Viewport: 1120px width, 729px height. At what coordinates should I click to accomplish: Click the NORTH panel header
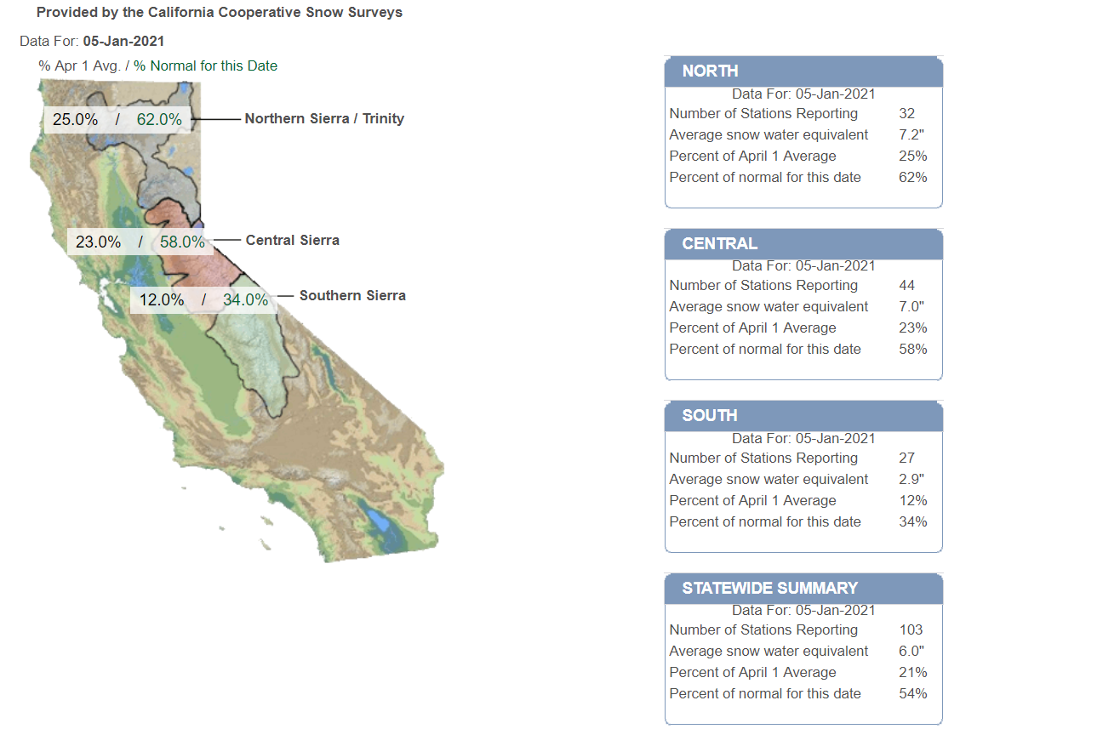(710, 71)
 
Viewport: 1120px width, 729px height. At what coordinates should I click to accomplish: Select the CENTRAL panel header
(719, 243)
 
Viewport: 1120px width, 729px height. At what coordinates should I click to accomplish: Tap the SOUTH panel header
(710, 415)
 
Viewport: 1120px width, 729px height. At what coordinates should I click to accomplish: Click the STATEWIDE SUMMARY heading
(770, 588)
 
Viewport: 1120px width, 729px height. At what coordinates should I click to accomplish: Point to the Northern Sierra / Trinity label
(324, 118)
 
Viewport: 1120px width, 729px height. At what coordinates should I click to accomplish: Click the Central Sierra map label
(293, 241)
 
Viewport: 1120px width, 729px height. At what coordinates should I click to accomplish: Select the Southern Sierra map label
(352, 295)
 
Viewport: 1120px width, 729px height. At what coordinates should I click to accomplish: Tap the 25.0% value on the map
(75, 119)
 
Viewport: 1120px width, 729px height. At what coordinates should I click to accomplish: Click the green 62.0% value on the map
(159, 119)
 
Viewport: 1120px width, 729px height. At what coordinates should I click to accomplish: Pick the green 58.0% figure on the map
(182, 242)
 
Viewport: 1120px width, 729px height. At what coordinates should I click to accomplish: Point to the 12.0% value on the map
(162, 299)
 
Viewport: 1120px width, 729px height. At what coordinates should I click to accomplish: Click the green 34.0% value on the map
(245, 299)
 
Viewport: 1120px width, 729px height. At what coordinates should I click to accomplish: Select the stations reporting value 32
(906, 113)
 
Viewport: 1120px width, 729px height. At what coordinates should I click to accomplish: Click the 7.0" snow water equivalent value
(911, 306)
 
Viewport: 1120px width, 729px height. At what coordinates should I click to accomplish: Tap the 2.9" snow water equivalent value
(911, 479)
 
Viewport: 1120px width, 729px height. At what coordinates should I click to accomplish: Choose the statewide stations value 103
(911, 629)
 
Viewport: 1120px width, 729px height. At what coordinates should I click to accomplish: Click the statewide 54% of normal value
(913, 693)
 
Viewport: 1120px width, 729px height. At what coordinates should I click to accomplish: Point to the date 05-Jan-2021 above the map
(123, 41)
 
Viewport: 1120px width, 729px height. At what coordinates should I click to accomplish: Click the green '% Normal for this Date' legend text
(205, 66)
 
